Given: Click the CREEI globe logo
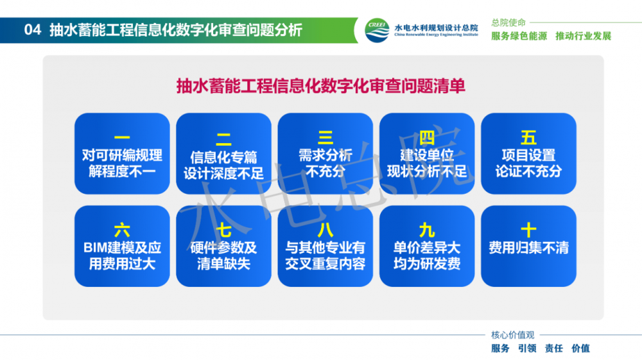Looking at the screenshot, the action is tap(377, 30).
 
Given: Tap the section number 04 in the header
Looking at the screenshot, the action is tap(32, 30).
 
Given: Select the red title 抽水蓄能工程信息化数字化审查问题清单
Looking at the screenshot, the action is tap(320, 87).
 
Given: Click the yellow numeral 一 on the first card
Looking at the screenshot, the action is tap(122, 137).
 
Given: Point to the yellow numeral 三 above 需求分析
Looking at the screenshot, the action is tap(325, 137).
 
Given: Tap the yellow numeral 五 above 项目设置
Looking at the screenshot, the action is tap(528, 137).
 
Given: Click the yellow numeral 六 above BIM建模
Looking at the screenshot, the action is tap(122, 230).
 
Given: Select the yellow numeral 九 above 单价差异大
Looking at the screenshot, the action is tap(427, 230).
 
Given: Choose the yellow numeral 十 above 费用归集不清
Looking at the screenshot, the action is tap(528, 230).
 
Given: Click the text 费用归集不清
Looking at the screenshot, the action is tap(528, 248).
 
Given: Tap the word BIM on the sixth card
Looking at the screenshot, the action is tap(94, 248).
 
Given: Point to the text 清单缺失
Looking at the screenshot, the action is tap(223, 264).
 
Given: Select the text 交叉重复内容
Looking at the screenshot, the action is tap(325, 264).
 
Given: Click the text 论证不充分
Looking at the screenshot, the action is tap(528, 171).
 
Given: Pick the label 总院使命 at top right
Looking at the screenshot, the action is tap(508, 22).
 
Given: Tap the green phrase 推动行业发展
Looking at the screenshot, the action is tap(583, 36).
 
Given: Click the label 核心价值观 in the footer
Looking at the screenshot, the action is tap(512, 335).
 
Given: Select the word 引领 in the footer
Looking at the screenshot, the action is tap(527, 348).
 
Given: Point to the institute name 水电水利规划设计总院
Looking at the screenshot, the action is tap(436, 28).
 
